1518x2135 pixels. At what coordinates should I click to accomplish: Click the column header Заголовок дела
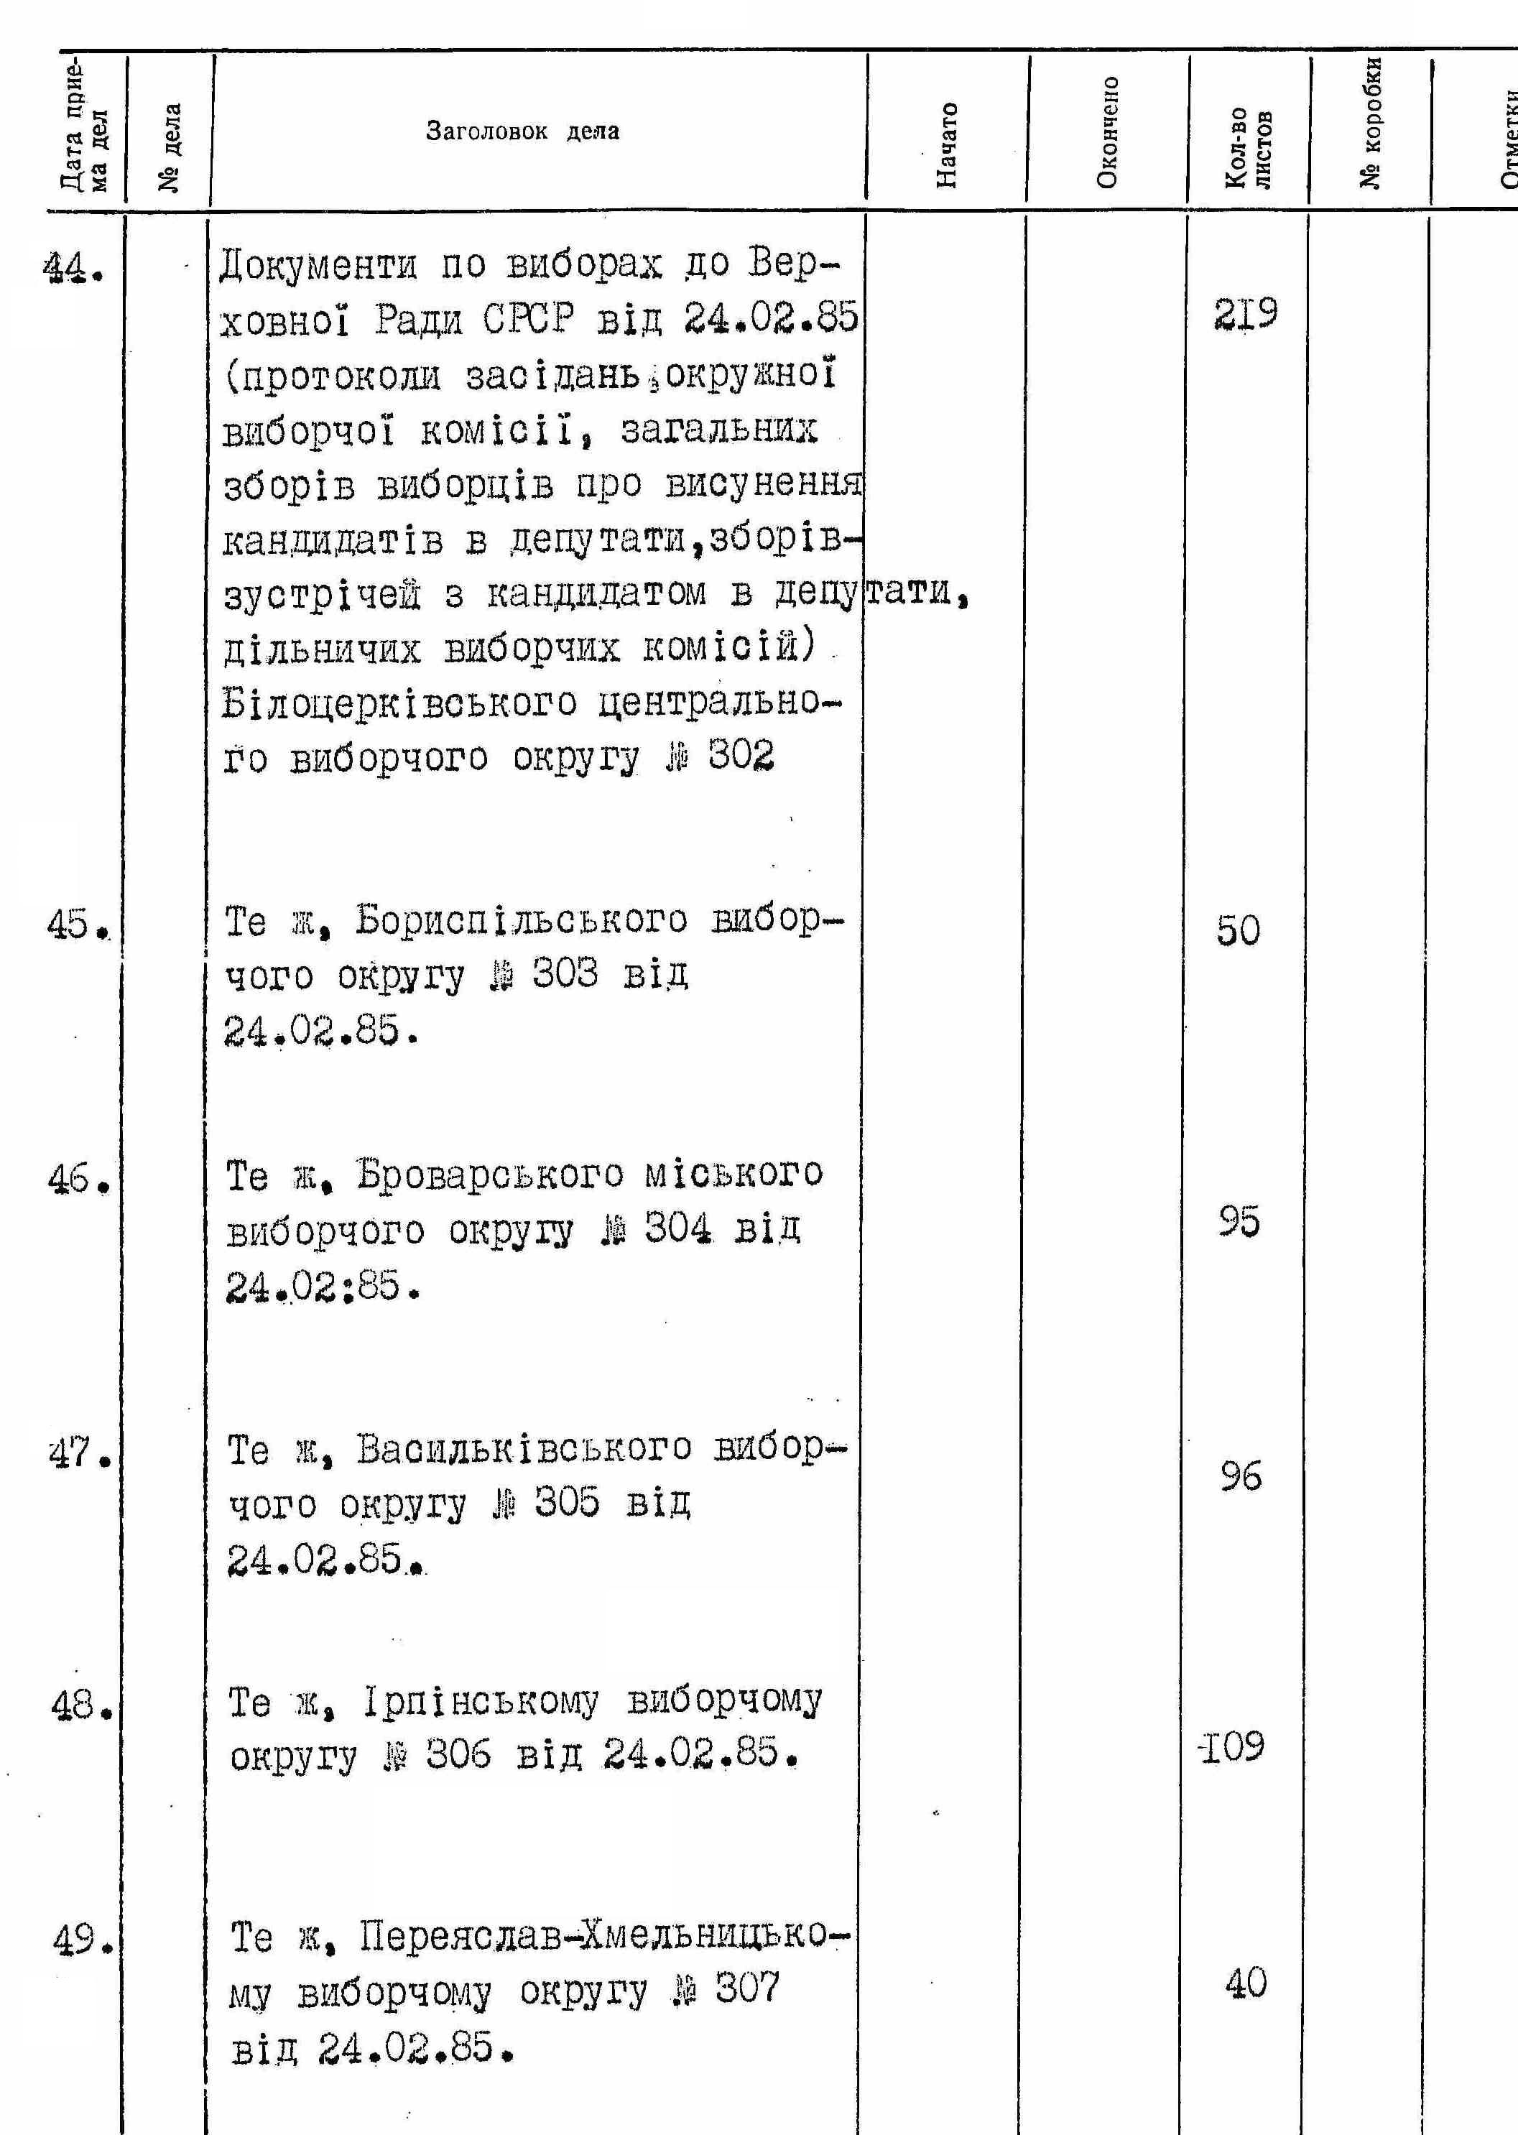coord(522,131)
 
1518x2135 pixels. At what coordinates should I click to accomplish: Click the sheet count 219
coord(1245,315)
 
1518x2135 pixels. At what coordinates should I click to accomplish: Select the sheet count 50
coord(1238,930)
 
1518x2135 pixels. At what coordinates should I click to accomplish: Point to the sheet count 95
coord(1239,1220)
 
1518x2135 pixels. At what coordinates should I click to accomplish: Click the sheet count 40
coord(1245,1983)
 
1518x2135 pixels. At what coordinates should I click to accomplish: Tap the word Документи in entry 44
coord(318,267)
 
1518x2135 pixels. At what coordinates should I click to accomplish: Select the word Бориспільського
coord(521,921)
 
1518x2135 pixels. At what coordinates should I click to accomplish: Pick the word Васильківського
coord(524,1449)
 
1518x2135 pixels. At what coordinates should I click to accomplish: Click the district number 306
coord(458,1754)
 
